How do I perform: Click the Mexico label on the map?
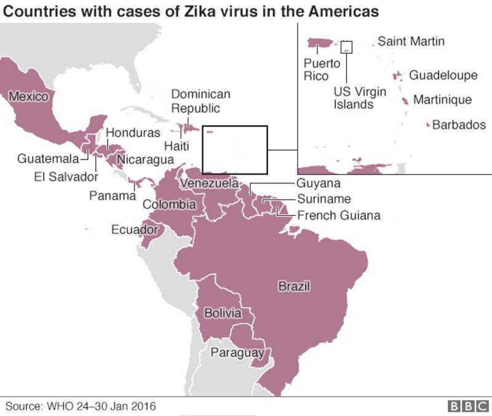(x=28, y=97)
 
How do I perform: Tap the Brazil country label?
(x=293, y=286)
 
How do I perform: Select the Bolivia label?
(x=223, y=313)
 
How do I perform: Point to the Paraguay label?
(x=237, y=353)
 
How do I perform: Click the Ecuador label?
(x=131, y=230)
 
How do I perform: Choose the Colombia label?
(x=169, y=204)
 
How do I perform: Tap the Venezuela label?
(x=209, y=183)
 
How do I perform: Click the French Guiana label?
(x=338, y=215)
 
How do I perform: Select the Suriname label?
(x=323, y=199)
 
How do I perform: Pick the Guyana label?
(x=318, y=183)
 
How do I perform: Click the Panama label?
(x=112, y=196)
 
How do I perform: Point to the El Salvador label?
(x=66, y=177)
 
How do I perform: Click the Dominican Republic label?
(x=200, y=101)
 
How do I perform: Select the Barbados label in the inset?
(x=459, y=125)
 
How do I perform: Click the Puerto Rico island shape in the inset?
(x=320, y=43)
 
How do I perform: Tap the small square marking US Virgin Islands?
(x=347, y=47)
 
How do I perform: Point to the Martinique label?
(x=442, y=100)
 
